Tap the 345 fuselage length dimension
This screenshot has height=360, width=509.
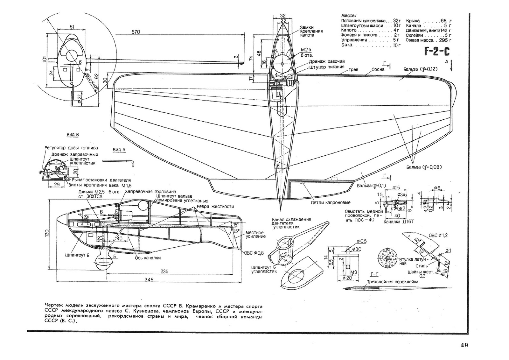pyautogui.click(x=149, y=279)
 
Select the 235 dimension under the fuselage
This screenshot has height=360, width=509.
pyautogui.click(x=164, y=272)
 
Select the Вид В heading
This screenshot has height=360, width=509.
pyautogui.click(x=73, y=135)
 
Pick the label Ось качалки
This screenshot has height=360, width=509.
pyautogui.click(x=148, y=258)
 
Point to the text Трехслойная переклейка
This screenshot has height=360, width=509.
pyautogui.click(x=393, y=282)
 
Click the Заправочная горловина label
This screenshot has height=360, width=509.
pyautogui.click(x=150, y=192)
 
